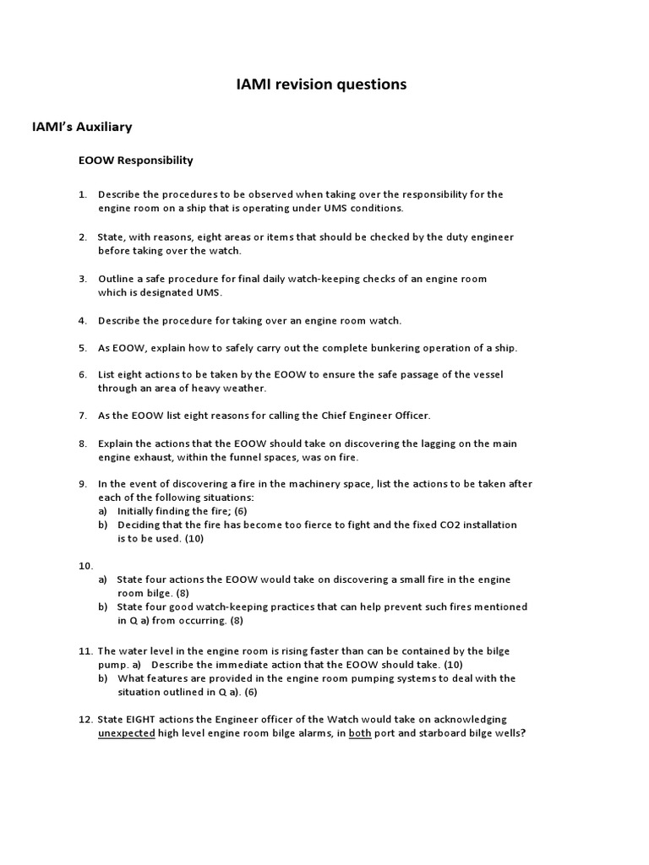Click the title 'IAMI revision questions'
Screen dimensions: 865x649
point(320,84)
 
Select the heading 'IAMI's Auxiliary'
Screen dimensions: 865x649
point(82,128)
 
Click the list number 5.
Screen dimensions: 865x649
point(83,348)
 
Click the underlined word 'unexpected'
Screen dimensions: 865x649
point(126,733)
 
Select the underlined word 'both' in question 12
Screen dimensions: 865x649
point(361,733)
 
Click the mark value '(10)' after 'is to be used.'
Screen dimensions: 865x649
point(189,539)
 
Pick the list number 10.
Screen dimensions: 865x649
point(85,565)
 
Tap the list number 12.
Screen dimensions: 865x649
point(85,720)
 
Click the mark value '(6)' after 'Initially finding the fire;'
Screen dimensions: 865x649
point(240,511)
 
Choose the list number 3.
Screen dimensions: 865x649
point(83,279)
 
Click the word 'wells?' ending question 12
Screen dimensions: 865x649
point(509,733)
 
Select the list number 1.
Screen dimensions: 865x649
point(83,194)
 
